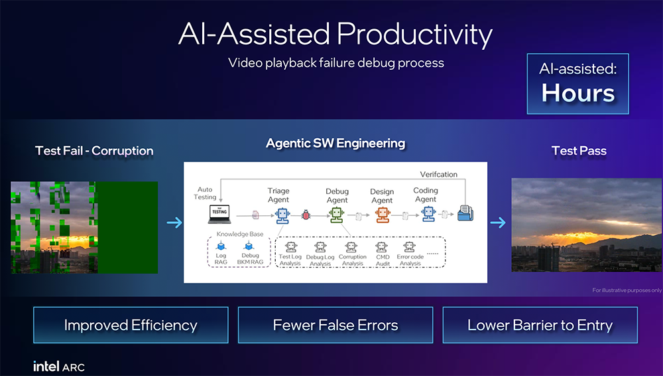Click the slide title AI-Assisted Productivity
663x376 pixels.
335,35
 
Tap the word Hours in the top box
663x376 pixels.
578,92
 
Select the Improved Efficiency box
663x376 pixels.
131,325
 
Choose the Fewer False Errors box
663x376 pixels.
335,325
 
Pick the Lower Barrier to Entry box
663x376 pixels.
540,325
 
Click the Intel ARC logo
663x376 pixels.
59,366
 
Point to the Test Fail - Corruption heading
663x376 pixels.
94,151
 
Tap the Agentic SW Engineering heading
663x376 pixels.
335,143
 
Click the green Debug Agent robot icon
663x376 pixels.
337,215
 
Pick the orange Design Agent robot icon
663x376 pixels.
382,215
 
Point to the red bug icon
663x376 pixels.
307,215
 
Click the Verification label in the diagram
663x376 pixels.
439,174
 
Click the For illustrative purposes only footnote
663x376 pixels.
627,290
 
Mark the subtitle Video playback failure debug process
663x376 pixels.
335,63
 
